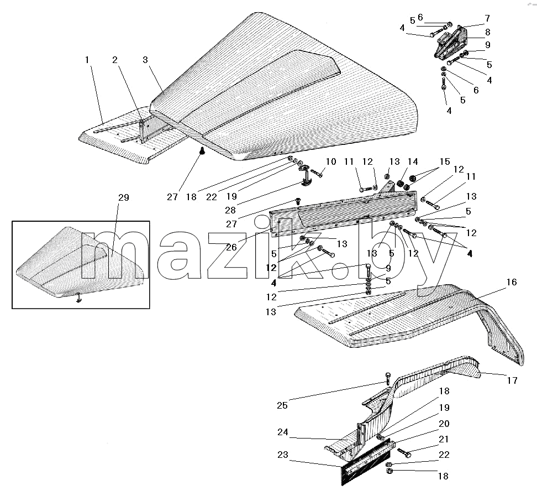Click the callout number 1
(x=87, y=60)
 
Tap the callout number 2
(x=115, y=60)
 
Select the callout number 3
(x=145, y=60)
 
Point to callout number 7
(x=487, y=18)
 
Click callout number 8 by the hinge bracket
(x=488, y=32)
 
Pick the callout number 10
(x=331, y=161)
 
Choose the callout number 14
(x=413, y=161)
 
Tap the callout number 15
(x=445, y=161)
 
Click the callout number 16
(x=512, y=282)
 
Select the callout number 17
(x=512, y=380)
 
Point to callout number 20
(x=444, y=424)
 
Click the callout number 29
(x=124, y=197)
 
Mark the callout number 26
(x=231, y=247)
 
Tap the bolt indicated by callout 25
(x=388, y=378)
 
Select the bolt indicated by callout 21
(x=404, y=452)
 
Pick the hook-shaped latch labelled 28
(x=305, y=176)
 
